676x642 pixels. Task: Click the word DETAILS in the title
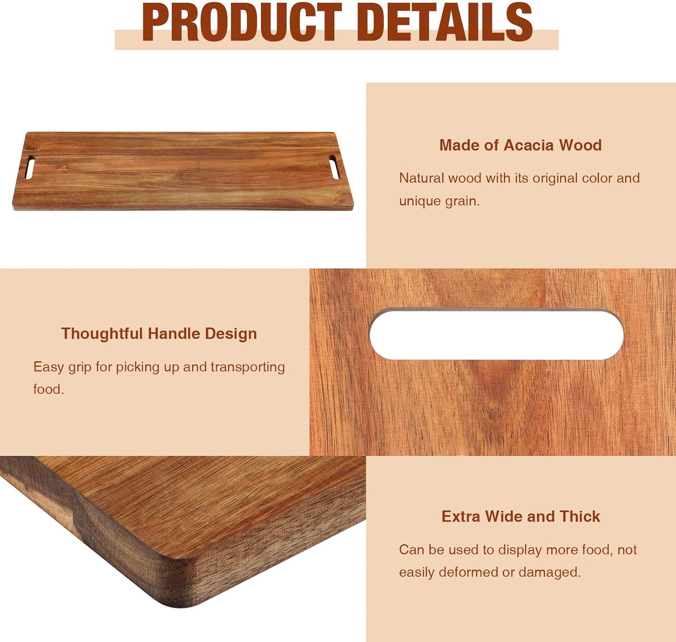(446, 23)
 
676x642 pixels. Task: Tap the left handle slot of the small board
(30, 167)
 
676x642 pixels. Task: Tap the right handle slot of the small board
(334, 167)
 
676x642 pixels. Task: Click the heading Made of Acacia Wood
(521, 145)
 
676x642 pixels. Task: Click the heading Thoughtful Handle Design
(159, 333)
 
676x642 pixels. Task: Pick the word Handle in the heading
(174, 333)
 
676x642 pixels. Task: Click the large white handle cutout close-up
(496, 334)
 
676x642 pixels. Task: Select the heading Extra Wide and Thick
(521, 516)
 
